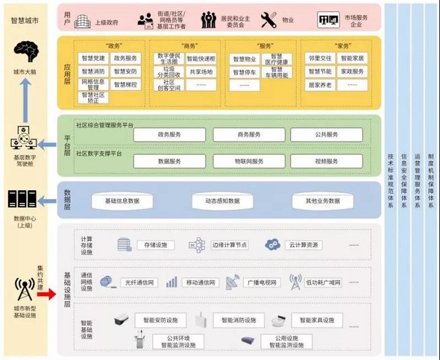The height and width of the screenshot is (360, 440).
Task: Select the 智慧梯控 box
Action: coord(125,85)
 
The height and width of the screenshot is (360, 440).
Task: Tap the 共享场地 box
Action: coord(201,71)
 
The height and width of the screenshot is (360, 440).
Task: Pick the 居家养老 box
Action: coord(319,85)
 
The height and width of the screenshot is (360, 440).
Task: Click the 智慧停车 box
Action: coord(245,71)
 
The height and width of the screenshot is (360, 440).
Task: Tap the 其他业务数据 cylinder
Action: coord(322,201)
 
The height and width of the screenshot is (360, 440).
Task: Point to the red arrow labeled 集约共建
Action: coord(47,293)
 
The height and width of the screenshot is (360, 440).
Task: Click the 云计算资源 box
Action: coord(303,245)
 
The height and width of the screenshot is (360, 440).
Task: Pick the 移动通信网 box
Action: coord(200,283)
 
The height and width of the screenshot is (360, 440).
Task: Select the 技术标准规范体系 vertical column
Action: coord(390,176)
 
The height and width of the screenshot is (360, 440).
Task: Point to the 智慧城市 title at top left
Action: coord(24,21)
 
